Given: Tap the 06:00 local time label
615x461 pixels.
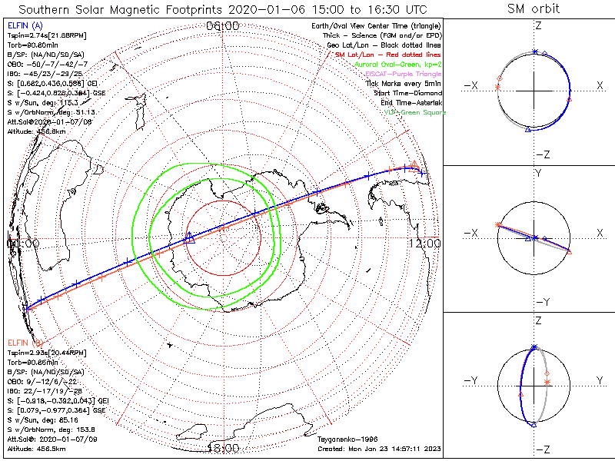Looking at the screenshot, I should click(x=223, y=26).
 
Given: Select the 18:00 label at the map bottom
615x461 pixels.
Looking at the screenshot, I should click(x=224, y=447).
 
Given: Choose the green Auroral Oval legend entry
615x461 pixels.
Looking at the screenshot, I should click(x=397, y=65).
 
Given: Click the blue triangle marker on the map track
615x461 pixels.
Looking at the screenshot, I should click(x=190, y=240).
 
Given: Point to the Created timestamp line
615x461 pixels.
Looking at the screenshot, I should click(x=379, y=448).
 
